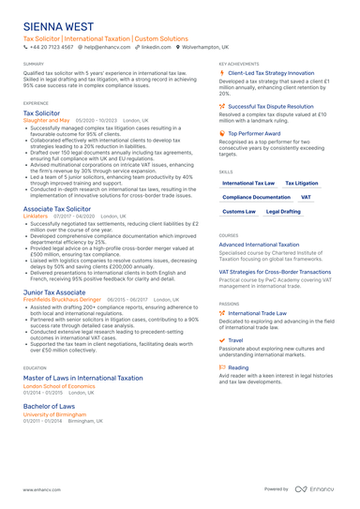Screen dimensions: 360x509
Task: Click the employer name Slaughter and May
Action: (x=46, y=120)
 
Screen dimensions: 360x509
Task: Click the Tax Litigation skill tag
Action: (x=301, y=184)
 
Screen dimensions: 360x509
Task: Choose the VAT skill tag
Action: (x=306, y=198)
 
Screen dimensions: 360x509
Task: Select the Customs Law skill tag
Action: (x=239, y=212)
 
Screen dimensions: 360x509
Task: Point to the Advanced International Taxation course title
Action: (x=259, y=244)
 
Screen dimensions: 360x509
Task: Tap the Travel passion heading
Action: (x=235, y=340)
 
